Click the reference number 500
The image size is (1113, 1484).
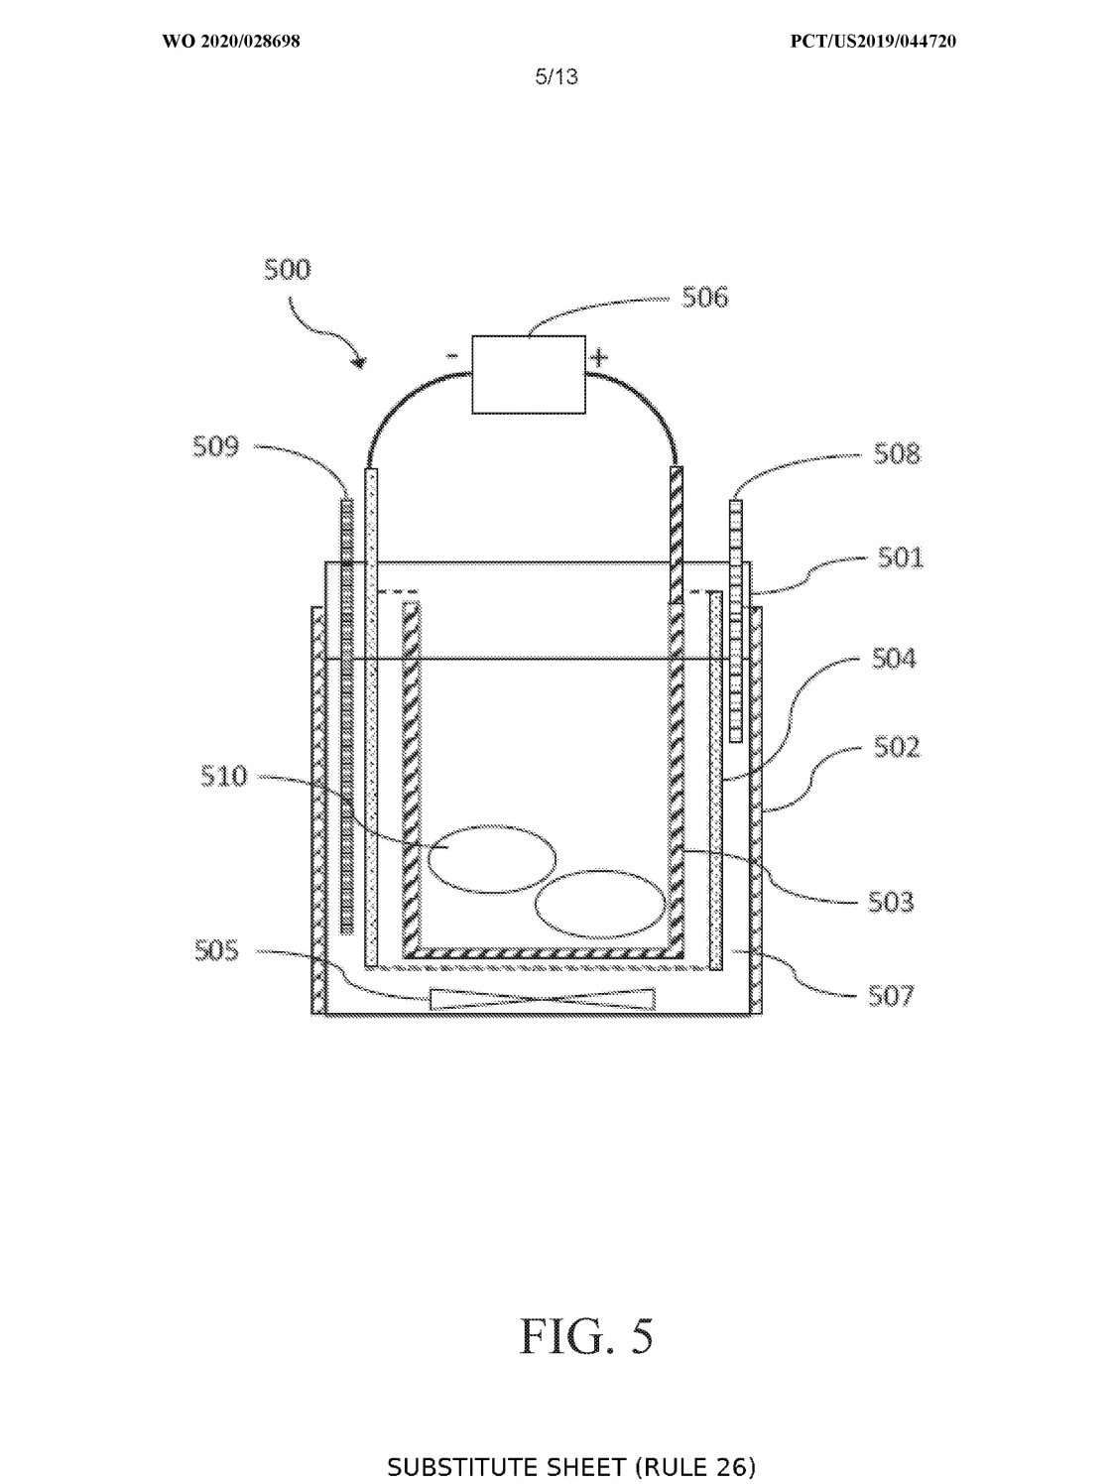click(288, 270)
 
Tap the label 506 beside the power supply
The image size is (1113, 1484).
click(705, 298)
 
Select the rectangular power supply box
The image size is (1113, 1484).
click(529, 374)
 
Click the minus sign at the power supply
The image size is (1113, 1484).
click(452, 356)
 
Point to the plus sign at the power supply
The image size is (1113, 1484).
click(599, 356)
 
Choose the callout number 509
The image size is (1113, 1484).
click(216, 447)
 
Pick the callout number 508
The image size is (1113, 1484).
click(897, 453)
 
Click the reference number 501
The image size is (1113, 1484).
click(900, 557)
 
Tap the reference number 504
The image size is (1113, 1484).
click(894, 658)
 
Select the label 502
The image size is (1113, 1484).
click(897, 747)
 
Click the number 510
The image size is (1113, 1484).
click(224, 776)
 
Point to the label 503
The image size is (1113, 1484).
click(891, 903)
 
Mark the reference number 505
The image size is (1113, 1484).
click(217, 951)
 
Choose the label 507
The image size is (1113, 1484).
click(891, 996)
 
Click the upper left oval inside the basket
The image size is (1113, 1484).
click(493, 859)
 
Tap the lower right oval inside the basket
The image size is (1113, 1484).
click(600, 905)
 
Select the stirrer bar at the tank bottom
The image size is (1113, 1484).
click(543, 999)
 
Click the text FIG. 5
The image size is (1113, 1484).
click(586, 1334)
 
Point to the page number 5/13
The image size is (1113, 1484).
click(556, 77)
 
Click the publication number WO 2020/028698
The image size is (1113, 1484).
click(231, 42)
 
